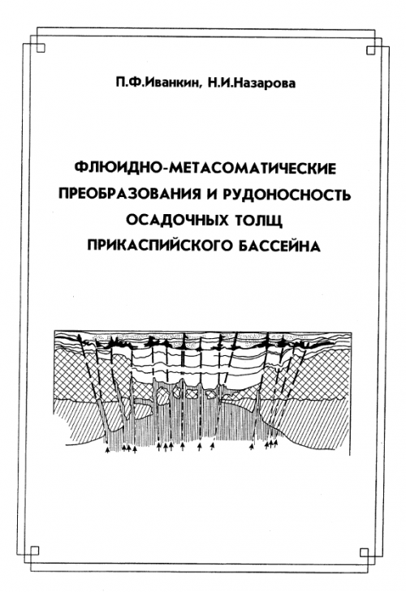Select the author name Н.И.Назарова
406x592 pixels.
pos(252,83)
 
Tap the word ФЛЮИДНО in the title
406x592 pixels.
pos(118,168)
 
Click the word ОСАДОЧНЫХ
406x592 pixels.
pos(177,220)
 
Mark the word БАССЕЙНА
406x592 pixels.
pos(280,246)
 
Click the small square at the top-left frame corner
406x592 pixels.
pos(41,48)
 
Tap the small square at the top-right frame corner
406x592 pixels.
pos(371,49)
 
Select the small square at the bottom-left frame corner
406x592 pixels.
pos(34,551)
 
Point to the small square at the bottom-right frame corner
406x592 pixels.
pos(365,553)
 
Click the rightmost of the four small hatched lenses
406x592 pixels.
pos(210,395)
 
